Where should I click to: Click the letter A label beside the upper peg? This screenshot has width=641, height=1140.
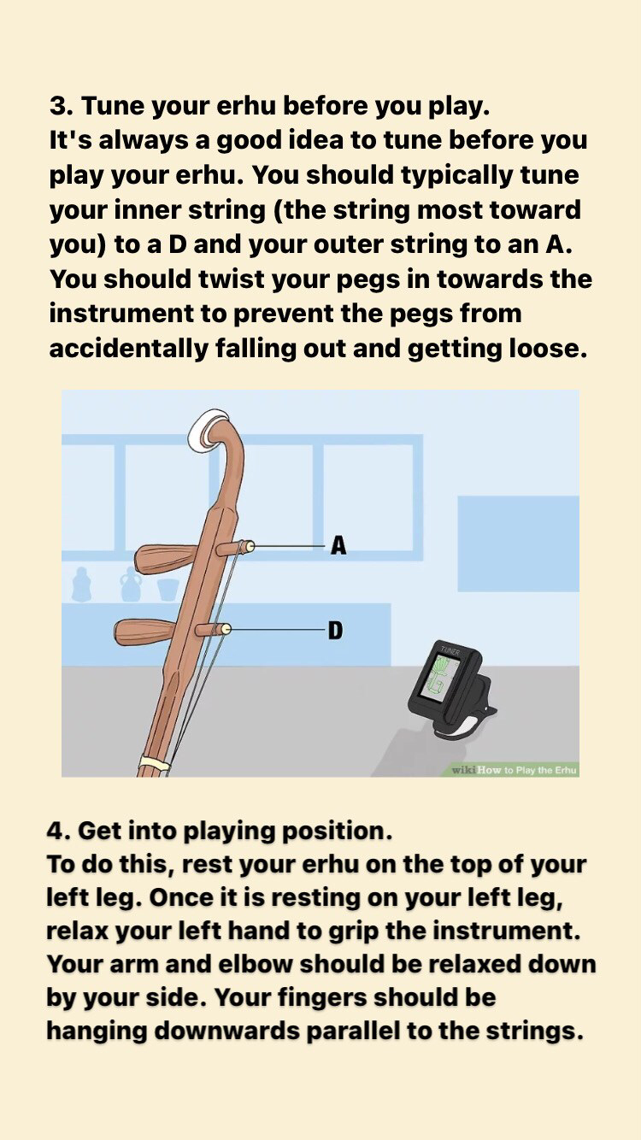click(x=338, y=545)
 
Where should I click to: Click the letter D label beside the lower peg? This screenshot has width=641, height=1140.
click(x=336, y=631)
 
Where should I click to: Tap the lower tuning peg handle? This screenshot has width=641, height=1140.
click(x=146, y=632)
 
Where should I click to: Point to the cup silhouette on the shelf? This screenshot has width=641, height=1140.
click(x=168, y=590)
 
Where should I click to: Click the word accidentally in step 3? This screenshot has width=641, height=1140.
click(x=129, y=350)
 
